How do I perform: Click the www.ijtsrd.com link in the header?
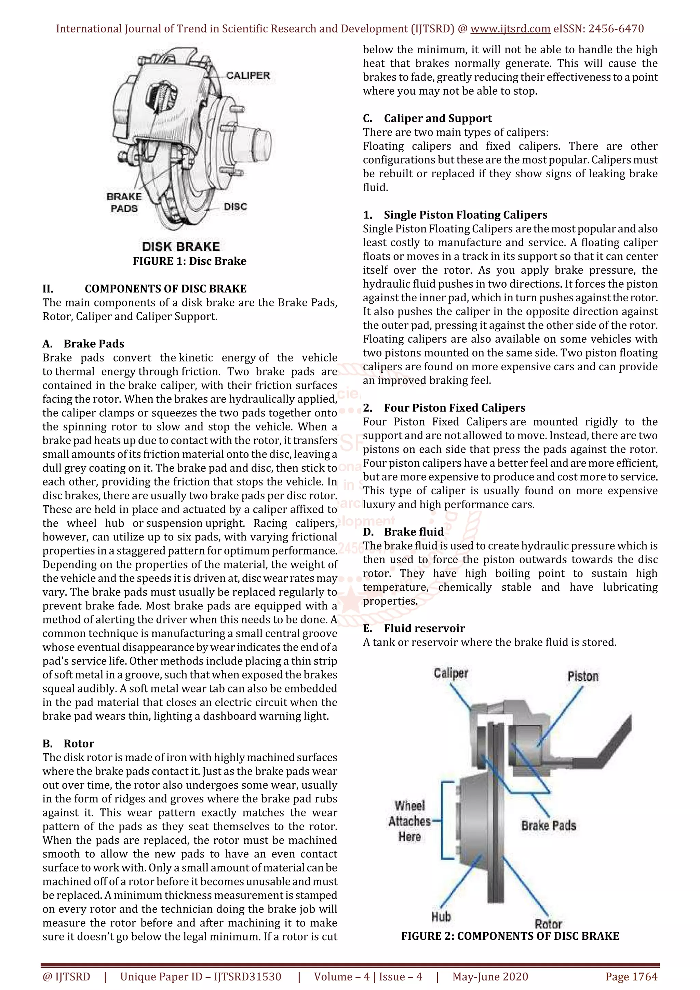pyautogui.click(x=510, y=29)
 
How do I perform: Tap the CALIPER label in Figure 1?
pyautogui.click(x=248, y=75)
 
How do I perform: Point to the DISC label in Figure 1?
pyautogui.click(x=235, y=207)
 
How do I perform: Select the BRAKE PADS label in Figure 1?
pyautogui.click(x=124, y=203)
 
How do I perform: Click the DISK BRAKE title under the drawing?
pyautogui.click(x=181, y=247)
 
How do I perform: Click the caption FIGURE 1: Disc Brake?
pyautogui.click(x=189, y=261)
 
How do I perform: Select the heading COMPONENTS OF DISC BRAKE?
pyautogui.click(x=166, y=289)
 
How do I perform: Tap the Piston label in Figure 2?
pyautogui.click(x=583, y=676)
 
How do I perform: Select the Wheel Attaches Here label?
pyautogui.click(x=410, y=821)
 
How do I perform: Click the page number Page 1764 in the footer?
pyautogui.click(x=631, y=977)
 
